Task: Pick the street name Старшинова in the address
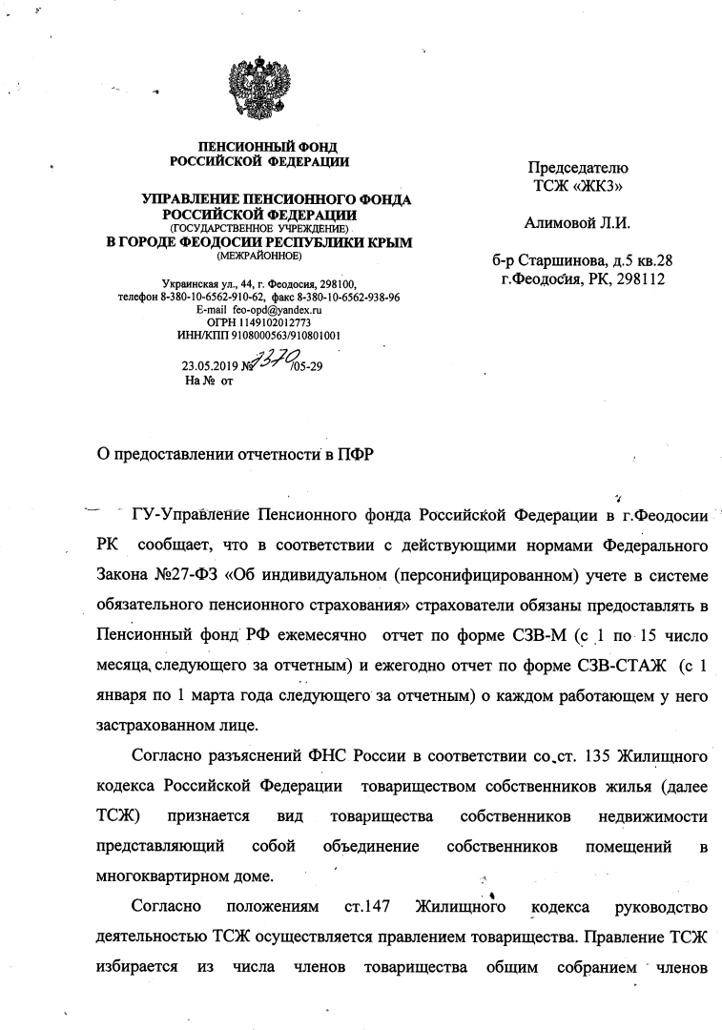(x=566, y=260)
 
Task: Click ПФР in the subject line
(x=354, y=453)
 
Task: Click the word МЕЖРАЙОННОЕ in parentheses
(x=258, y=257)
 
